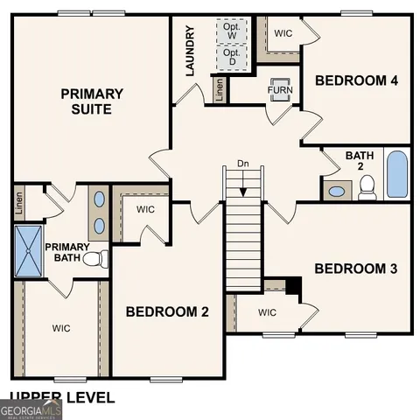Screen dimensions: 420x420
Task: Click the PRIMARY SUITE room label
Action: tap(92, 101)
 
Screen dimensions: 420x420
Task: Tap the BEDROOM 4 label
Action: tap(357, 80)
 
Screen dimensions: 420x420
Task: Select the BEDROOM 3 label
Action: tap(356, 269)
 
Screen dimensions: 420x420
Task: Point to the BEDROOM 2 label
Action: tap(167, 311)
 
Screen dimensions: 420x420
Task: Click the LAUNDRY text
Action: tap(190, 51)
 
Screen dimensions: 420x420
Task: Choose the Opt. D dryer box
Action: tap(232, 59)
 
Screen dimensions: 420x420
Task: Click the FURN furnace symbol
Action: tap(280, 90)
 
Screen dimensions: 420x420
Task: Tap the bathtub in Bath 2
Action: tap(396, 174)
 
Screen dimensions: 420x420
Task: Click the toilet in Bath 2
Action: tap(367, 187)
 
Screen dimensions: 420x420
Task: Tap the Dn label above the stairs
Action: tap(243, 164)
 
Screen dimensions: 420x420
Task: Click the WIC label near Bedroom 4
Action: tap(283, 33)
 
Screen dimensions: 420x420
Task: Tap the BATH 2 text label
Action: tap(359, 161)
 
